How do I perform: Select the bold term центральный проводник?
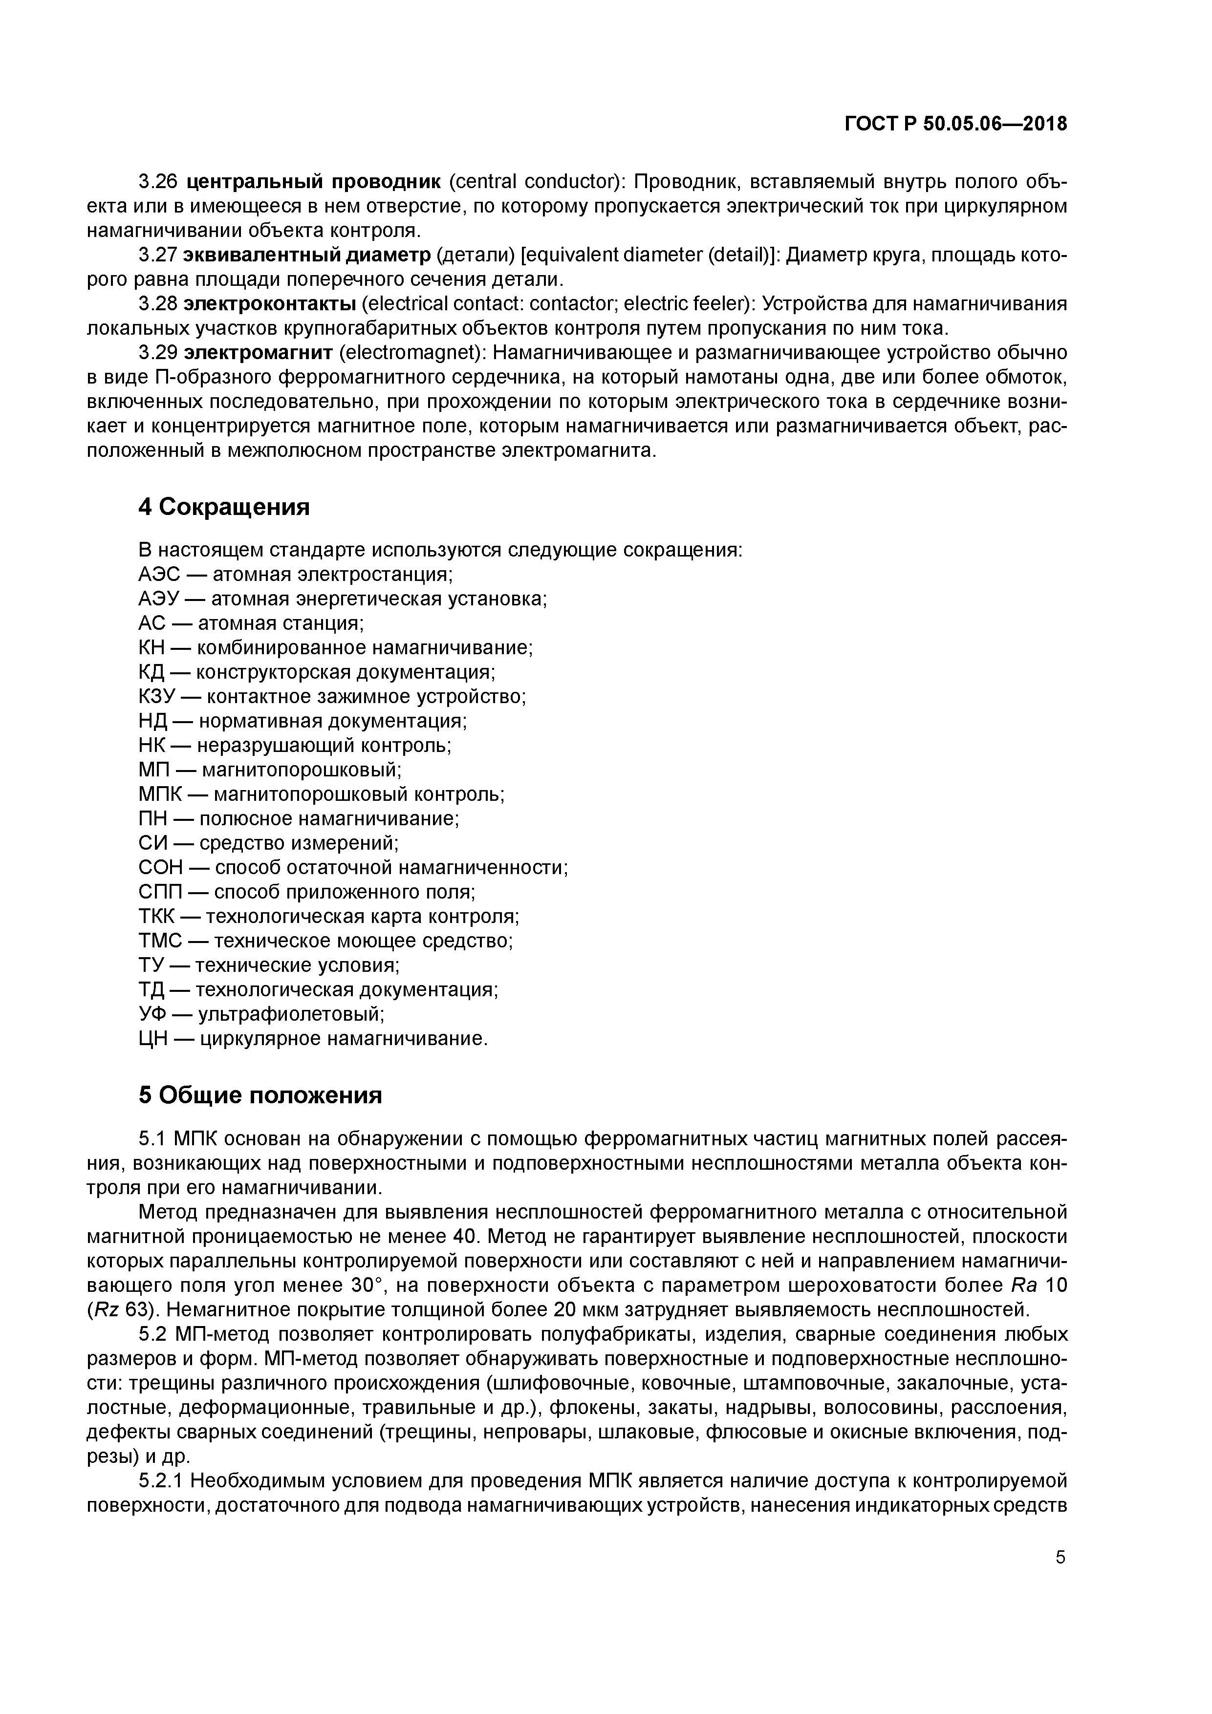[x=314, y=181]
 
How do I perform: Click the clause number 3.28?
[x=157, y=304]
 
